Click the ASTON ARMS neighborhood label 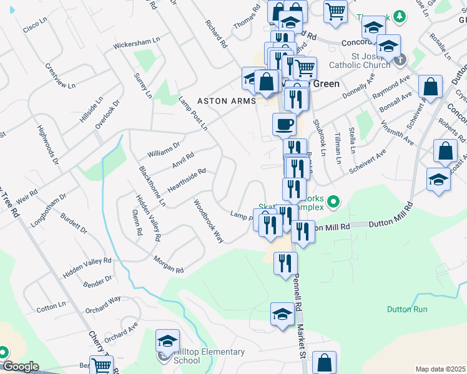click(x=226, y=101)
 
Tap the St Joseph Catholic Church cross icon click(x=400, y=60)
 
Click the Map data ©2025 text click(x=440, y=369)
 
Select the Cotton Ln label click(x=51, y=306)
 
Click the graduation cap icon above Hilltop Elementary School click(x=167, y=341)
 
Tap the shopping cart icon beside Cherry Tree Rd click(x=101, y=365)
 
